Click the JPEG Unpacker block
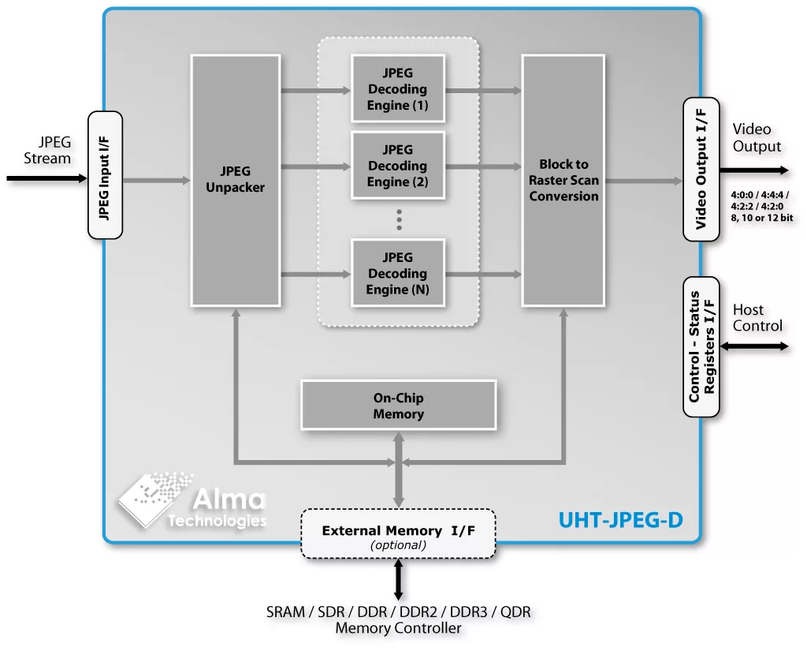pos(236,180)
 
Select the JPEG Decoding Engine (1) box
pos(398,89)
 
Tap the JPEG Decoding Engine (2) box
pos(398,166)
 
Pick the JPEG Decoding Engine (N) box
pos(398,273)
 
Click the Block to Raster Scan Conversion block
pos(563,180)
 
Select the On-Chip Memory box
pos(398,406)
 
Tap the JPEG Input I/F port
pos(105,175)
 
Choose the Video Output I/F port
pos(701,169)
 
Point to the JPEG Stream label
pos(49,150)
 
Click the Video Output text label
pos(757,137)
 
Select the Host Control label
pos(757,318)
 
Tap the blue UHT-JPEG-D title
pos(620,520)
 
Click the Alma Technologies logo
pos(193,500)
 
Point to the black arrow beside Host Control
pos(755,346)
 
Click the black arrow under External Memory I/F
pos(398,579)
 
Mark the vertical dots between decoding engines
pos(399,219)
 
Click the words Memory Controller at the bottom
pos(398,628)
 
